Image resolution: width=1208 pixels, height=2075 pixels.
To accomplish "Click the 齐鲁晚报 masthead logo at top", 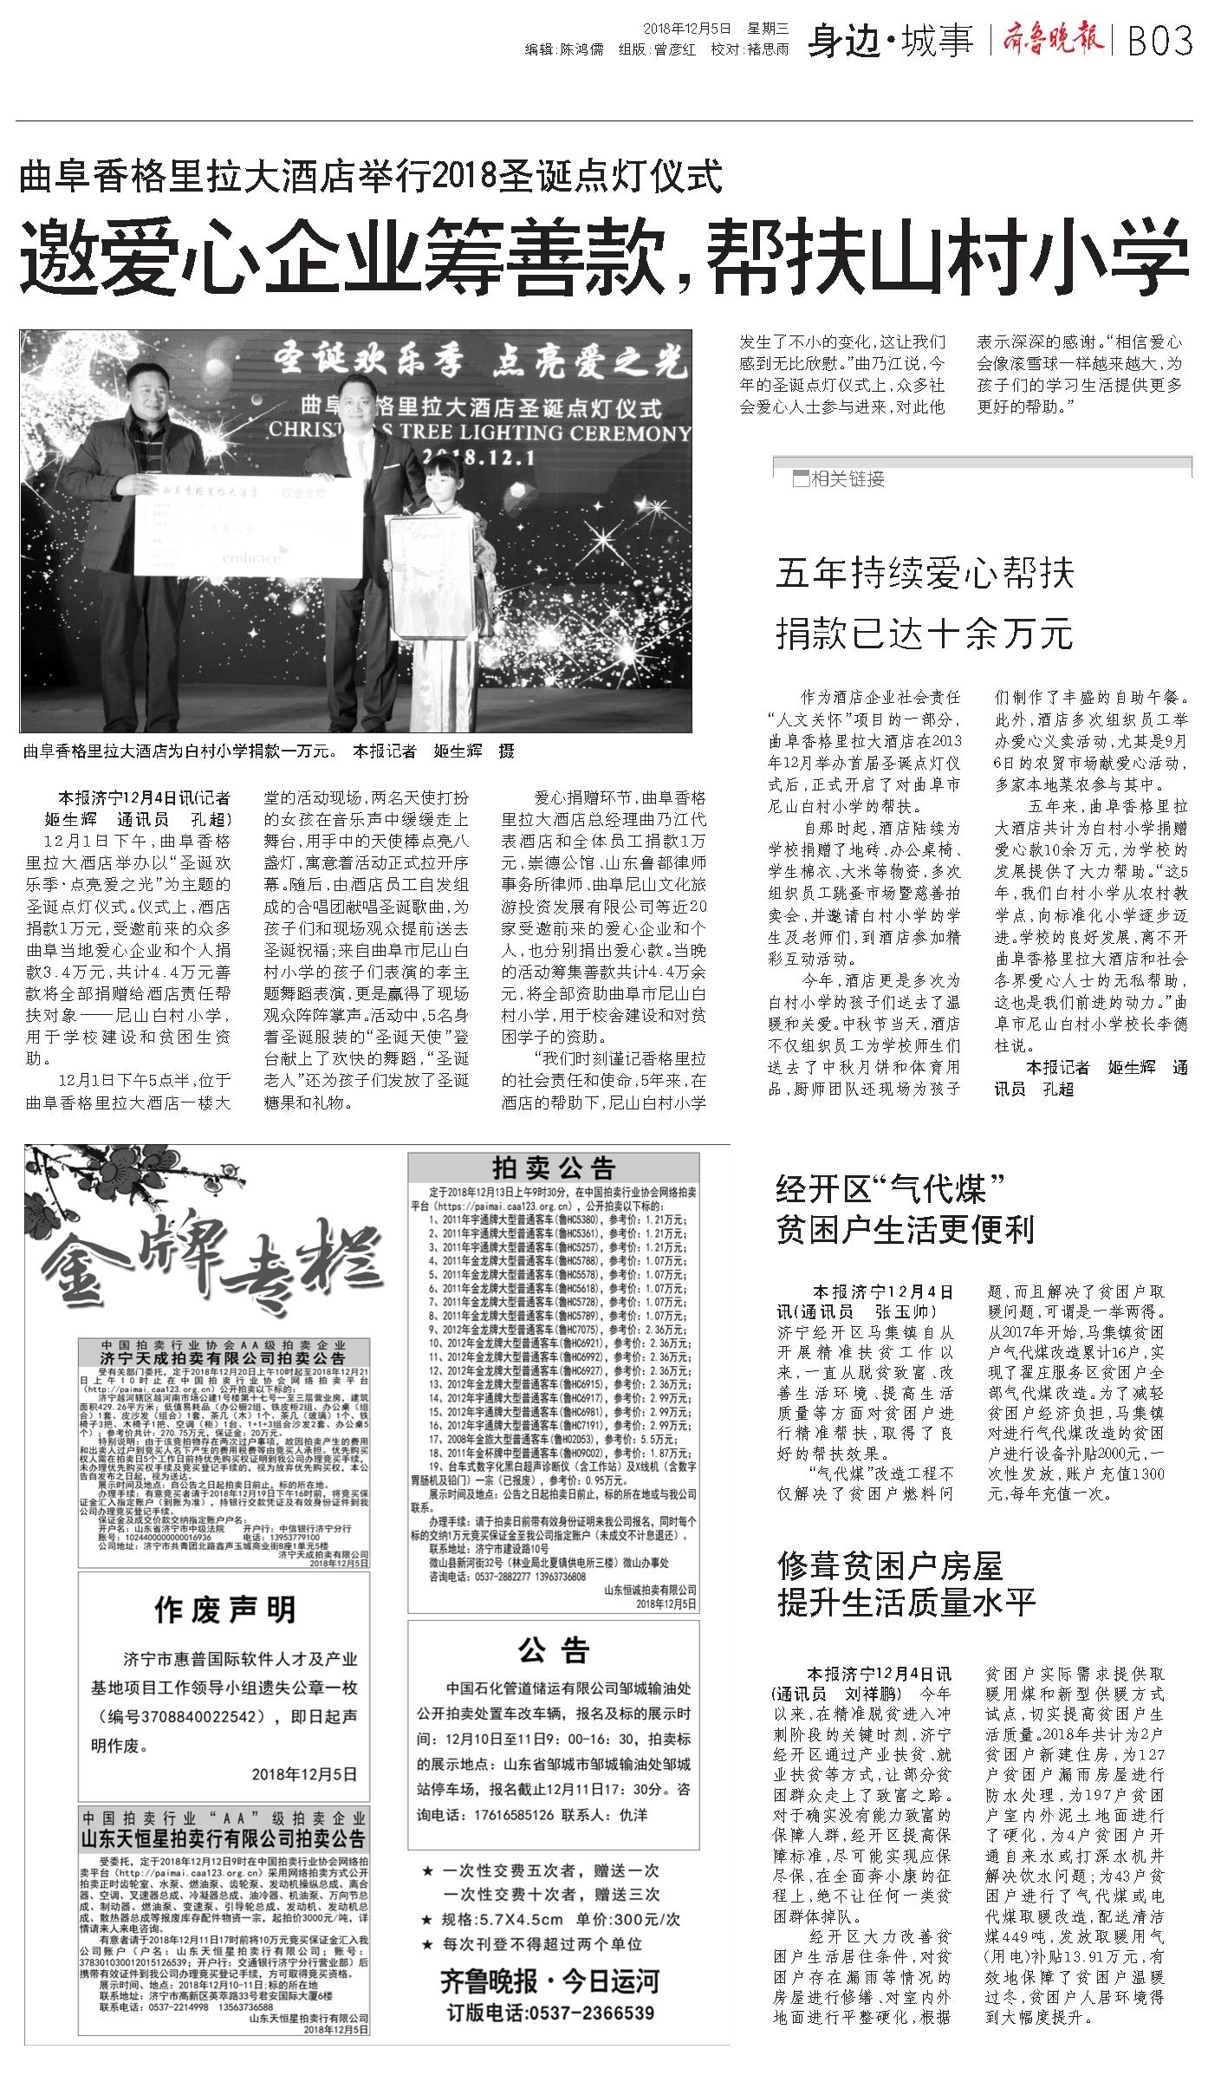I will pos(1053,39).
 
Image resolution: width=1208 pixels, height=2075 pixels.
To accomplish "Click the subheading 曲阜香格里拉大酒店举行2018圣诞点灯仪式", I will pos(371,177).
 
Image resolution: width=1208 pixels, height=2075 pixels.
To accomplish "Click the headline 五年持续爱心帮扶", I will pos(925,574).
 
